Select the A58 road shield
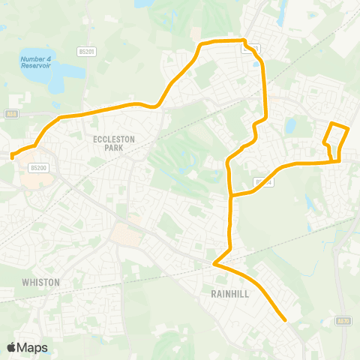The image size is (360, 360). click(x=10, y=114)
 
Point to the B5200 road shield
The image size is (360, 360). click(x=39, y=169)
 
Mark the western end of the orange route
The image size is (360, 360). click(x=13, y=156)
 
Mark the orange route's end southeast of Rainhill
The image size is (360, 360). click(x=286, y=320)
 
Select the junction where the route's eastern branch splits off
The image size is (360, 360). click(x=231, y=195)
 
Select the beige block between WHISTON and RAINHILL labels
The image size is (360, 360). click(x=124, y=234)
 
